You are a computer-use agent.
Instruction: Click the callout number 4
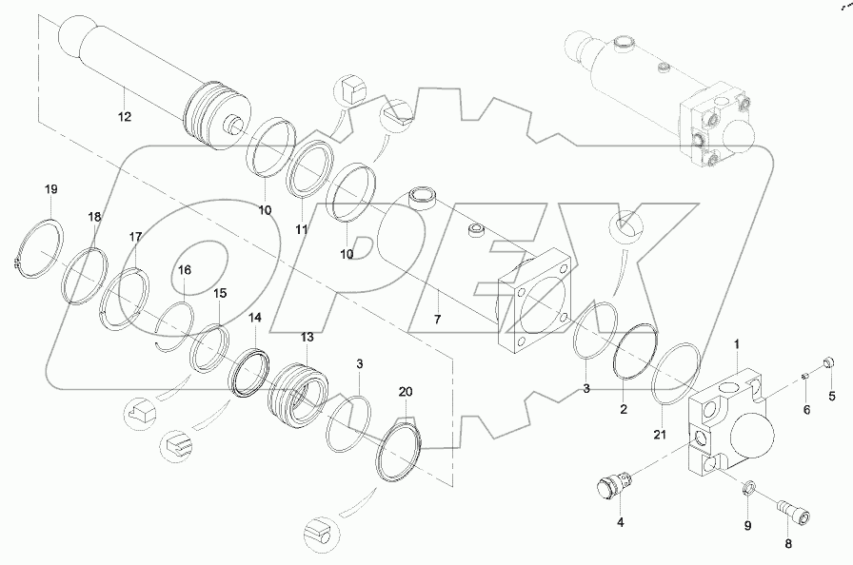tap(621, 521)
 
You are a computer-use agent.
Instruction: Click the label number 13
tap(307, 338)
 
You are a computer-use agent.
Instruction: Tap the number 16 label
tap(185, 270)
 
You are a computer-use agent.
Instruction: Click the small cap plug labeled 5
tap(826, 361)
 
